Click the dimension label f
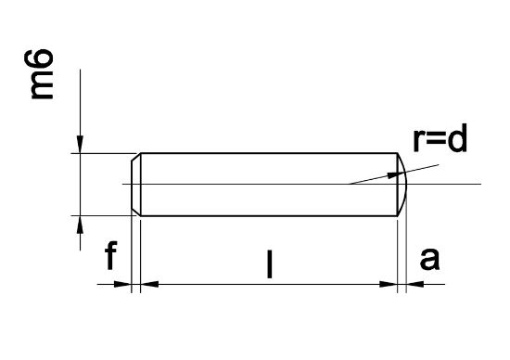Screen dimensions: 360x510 click(110, 256)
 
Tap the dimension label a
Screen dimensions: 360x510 click(429, 259)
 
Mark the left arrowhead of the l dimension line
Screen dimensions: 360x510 click(150, 284)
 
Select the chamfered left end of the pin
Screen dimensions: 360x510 click(136, 185)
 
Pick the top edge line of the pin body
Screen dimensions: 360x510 click(269, 153)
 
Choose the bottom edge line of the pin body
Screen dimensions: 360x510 click(269, 216)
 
